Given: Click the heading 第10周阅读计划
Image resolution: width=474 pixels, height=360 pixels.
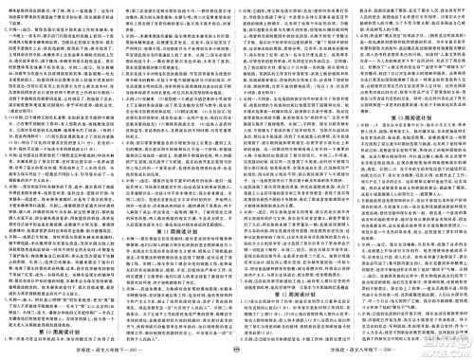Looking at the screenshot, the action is point(60,334).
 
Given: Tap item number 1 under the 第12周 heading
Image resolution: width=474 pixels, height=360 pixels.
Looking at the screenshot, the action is point(243,305).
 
